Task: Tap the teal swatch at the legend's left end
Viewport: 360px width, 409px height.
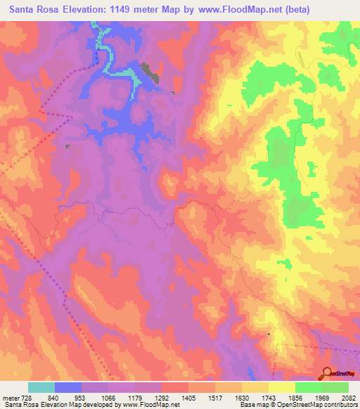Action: [x=41, y=387]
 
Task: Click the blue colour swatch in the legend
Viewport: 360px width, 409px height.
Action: [x=67, y=387]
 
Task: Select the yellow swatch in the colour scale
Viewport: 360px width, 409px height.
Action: [x=281, y=387]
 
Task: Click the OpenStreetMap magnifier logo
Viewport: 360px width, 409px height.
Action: [x=327, y=373]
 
